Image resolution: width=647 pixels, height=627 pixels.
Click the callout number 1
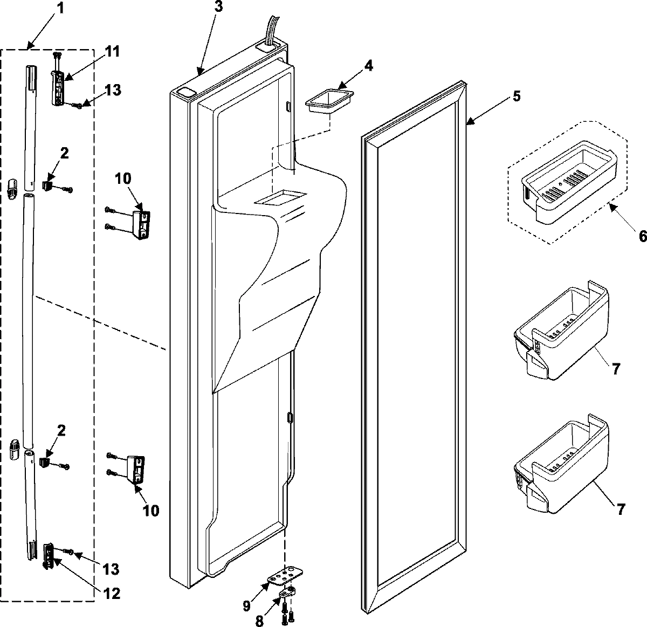click(x=60, y=9)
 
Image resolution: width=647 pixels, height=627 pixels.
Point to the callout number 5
click(x=517, y=97)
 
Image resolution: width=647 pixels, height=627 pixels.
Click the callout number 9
click(x=246, y=606)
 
